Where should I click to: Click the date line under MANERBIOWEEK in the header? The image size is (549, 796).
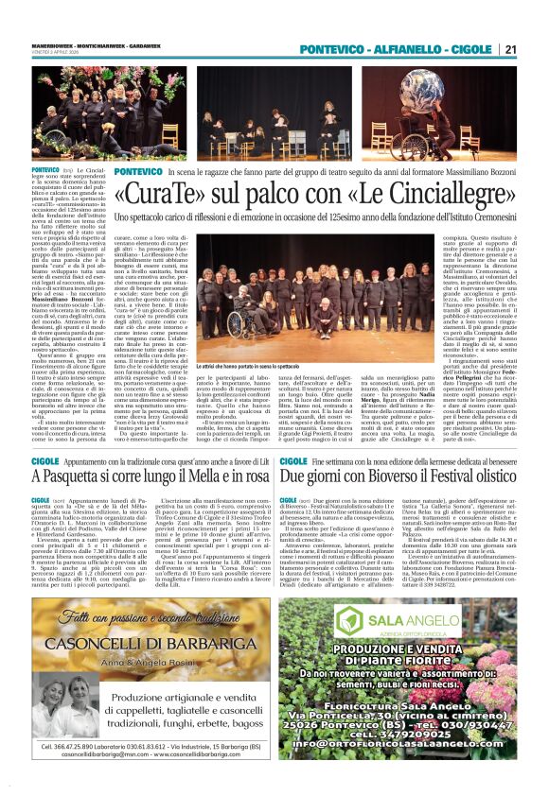pos(49,58)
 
